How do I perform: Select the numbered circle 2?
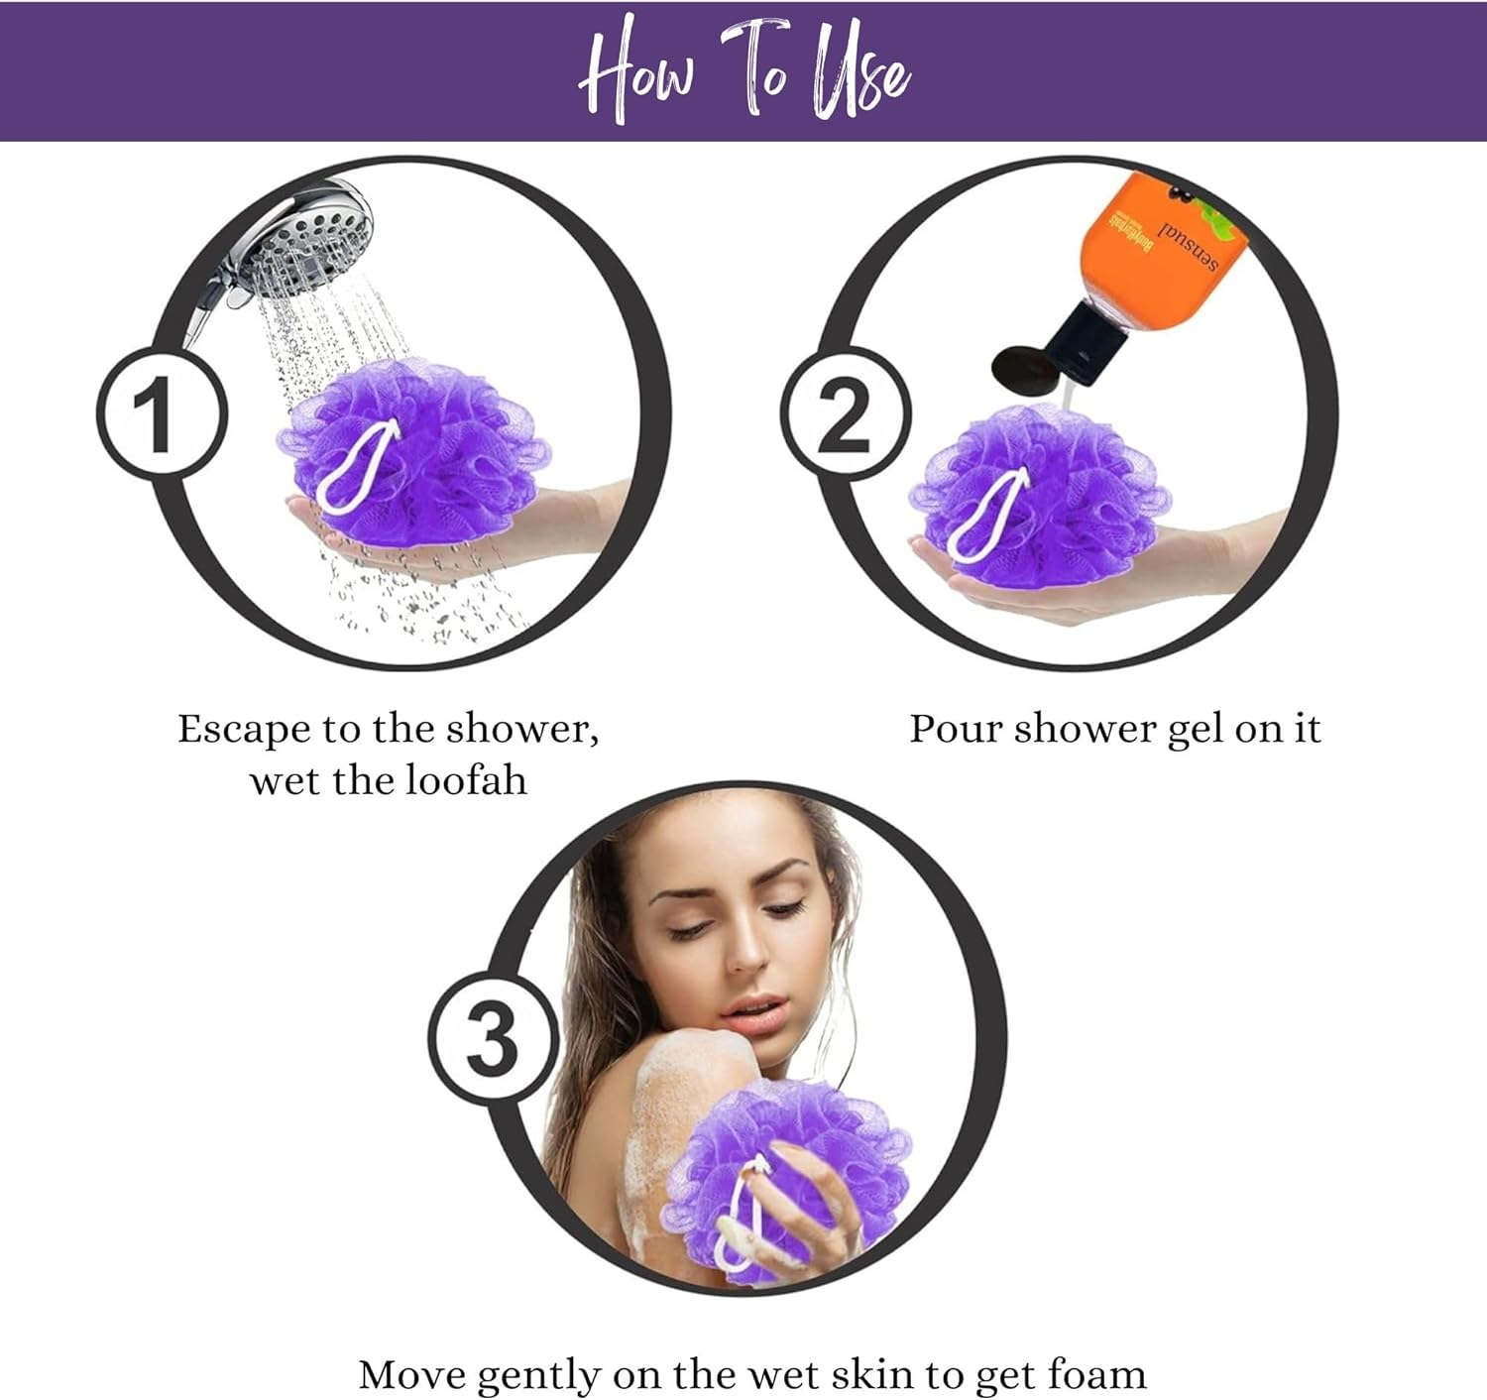pyautogui.click(x=846, y=413)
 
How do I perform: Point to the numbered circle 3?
pyautogui.click(x=494, y=1040)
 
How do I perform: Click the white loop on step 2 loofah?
pyautogui.click(x=986, y=517)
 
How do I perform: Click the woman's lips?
pyautogui.click(x=752, y=1011)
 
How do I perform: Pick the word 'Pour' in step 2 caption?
pyautogui.click(x=956, y=730)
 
